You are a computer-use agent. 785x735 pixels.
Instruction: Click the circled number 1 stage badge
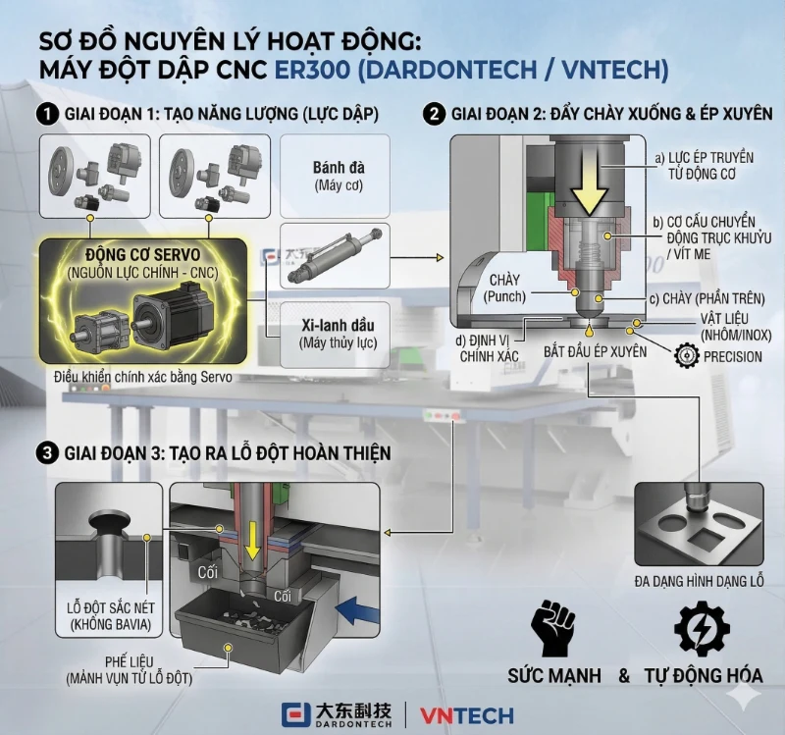click(45, 114)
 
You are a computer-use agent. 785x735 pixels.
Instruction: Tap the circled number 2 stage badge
click(432, 114)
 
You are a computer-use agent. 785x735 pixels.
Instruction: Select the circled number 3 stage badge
click(45, 452)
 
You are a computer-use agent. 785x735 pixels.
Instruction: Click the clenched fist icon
click(552, 627)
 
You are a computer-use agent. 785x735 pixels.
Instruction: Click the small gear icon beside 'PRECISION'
click(688, 356)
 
